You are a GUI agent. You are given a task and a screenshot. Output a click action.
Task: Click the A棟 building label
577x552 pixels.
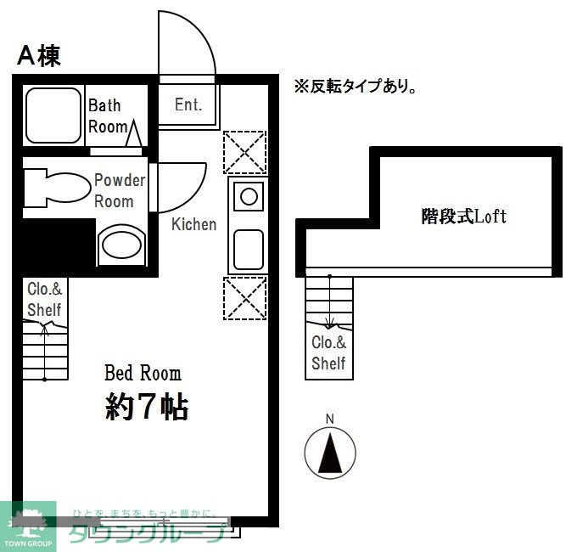point(38,56)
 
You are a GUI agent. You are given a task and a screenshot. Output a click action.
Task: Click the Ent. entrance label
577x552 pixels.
point(188,105)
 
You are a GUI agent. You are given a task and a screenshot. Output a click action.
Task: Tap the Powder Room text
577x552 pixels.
point(118,190)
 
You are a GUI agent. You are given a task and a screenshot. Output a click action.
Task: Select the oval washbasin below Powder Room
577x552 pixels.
point(120,245)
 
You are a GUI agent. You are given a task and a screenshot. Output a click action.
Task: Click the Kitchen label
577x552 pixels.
point(193,224)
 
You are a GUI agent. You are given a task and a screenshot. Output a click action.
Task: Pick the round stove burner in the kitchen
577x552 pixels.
point(248,197)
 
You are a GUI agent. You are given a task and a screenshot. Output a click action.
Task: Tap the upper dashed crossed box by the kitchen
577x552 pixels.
point(244,153)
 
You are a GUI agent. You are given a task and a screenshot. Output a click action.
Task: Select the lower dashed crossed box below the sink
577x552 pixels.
point(244,298)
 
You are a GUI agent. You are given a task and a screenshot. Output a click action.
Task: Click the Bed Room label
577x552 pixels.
point(142,372)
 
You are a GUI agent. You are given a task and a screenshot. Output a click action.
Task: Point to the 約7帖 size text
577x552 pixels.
point(146,408)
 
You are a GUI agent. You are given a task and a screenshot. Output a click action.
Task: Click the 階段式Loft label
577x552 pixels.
point(463,216)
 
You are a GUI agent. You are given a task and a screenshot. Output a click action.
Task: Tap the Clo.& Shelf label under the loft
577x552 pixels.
point(328,353)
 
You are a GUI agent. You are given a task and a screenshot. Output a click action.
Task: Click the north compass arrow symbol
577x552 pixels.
point(330,451)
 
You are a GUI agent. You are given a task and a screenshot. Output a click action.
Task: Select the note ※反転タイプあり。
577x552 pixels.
point(354,86)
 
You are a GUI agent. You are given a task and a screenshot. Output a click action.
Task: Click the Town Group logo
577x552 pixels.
point(28,527)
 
